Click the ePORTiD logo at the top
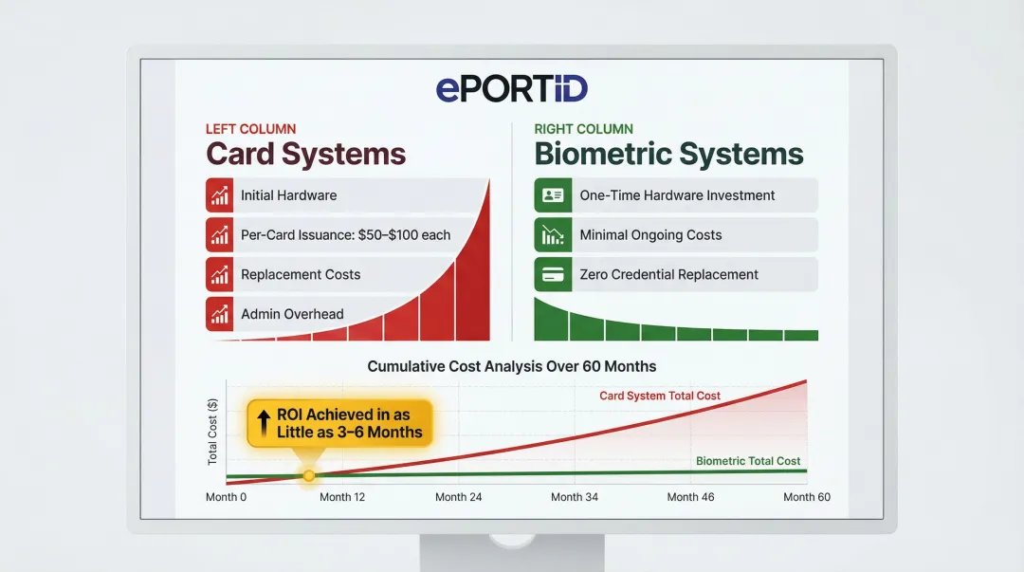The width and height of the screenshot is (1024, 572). coord(512,88)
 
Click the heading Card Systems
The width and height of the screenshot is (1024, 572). coord(305,154)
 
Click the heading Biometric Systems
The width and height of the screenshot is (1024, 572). coord(668,154)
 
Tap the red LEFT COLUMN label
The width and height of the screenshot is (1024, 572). coord(250,129)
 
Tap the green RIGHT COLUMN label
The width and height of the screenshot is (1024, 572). coord(583,129)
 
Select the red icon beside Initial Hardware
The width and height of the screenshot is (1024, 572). coord(220,195)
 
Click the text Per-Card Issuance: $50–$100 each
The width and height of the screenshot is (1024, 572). coord(345,235)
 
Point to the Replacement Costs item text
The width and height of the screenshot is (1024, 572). coord(301,274)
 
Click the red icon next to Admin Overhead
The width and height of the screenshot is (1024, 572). coord(220,314)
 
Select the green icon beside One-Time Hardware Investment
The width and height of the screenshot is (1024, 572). coord(550,195)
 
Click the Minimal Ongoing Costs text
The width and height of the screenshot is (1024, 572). coord(650,235)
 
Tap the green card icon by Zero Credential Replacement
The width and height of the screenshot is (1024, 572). coord(550,274)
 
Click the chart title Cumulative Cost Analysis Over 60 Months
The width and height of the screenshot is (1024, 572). coord(512,366)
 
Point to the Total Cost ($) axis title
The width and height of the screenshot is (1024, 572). coord(212,432)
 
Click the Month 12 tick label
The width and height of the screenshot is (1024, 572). coord(342,497)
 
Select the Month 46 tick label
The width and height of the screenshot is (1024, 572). coord(690,497)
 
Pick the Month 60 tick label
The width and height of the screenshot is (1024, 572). coord(806,497)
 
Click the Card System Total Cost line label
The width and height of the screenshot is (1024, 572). coord(660,396)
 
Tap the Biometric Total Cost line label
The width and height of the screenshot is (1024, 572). coord(748,461)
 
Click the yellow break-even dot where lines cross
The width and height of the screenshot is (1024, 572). coord(308,474)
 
